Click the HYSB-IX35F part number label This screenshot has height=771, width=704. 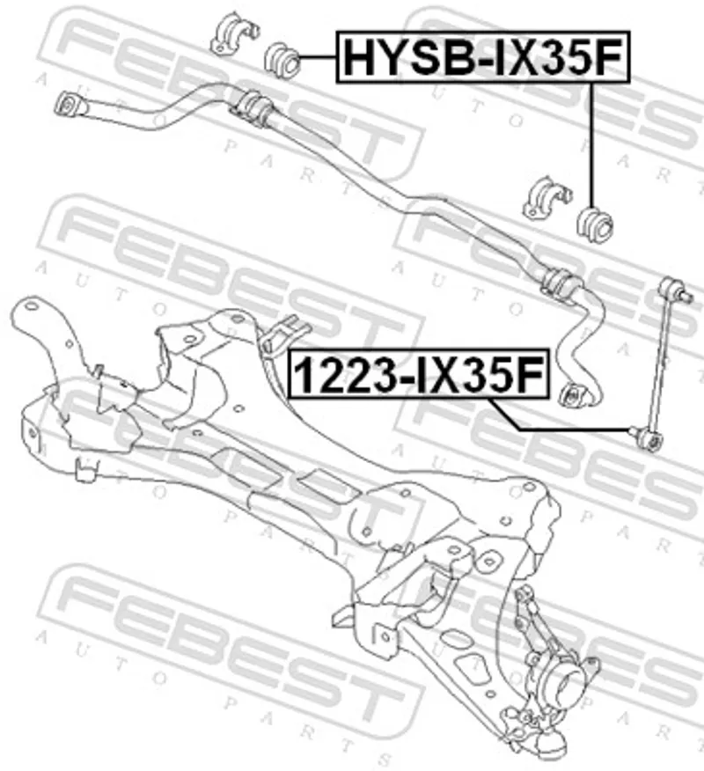(483, 56)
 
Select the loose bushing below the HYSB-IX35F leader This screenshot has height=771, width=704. (595, 224)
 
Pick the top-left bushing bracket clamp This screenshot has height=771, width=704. (232, 33)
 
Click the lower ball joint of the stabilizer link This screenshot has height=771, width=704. (647, 437)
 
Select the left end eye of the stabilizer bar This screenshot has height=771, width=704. (68, 105)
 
